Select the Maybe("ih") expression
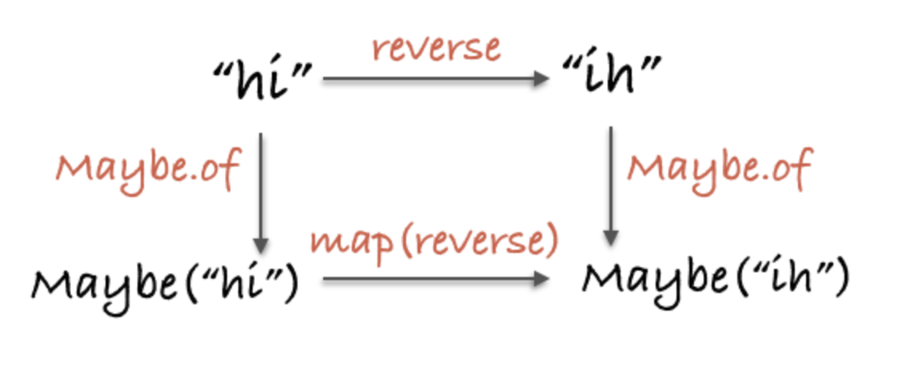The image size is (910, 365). point(715,279)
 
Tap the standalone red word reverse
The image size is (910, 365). point(437,48)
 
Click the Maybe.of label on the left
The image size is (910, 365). point(148,170)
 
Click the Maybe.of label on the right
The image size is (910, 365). point(719,169)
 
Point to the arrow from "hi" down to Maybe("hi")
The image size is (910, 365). point(261,193)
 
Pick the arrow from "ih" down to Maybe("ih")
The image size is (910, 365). point(611,185)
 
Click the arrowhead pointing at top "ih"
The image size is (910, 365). point(542,78)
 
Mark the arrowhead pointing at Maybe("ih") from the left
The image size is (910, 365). point(542,279)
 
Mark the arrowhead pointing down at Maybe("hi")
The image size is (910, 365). point(261,245)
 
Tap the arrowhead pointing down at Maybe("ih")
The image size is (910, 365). point(611,238)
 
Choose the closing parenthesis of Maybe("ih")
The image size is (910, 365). point(841,279)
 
